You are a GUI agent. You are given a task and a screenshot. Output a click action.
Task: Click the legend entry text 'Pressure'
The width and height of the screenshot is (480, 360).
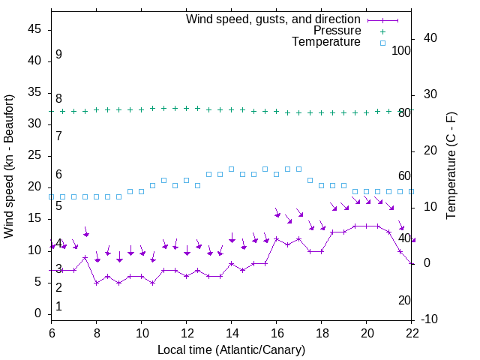337,31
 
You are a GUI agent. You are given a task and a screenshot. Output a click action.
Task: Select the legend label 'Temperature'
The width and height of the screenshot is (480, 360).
326,42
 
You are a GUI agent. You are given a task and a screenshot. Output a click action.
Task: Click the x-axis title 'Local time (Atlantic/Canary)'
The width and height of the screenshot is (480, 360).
232,349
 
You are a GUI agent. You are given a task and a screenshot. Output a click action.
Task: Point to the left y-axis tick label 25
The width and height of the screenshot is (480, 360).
35,156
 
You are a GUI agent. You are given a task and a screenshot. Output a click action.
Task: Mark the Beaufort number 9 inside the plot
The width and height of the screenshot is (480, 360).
58,55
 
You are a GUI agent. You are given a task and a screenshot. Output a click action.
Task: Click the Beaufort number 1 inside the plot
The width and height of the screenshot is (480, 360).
58,307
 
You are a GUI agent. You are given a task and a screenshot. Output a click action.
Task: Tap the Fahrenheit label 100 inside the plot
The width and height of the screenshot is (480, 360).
402,50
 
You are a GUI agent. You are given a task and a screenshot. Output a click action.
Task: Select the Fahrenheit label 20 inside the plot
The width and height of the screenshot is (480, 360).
404,300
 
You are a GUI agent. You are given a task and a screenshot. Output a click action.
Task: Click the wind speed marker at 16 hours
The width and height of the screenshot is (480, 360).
277,238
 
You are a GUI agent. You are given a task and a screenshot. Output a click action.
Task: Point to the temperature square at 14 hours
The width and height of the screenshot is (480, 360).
232,169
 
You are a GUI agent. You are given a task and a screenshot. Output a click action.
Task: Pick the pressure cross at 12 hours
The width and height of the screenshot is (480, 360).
187,108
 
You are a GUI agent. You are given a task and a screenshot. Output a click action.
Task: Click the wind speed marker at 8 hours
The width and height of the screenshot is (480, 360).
97,283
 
